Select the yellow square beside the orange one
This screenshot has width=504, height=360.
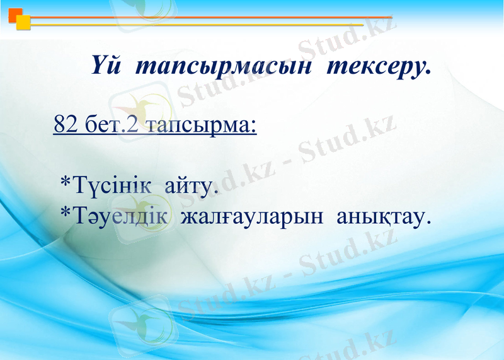pos(23,23)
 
